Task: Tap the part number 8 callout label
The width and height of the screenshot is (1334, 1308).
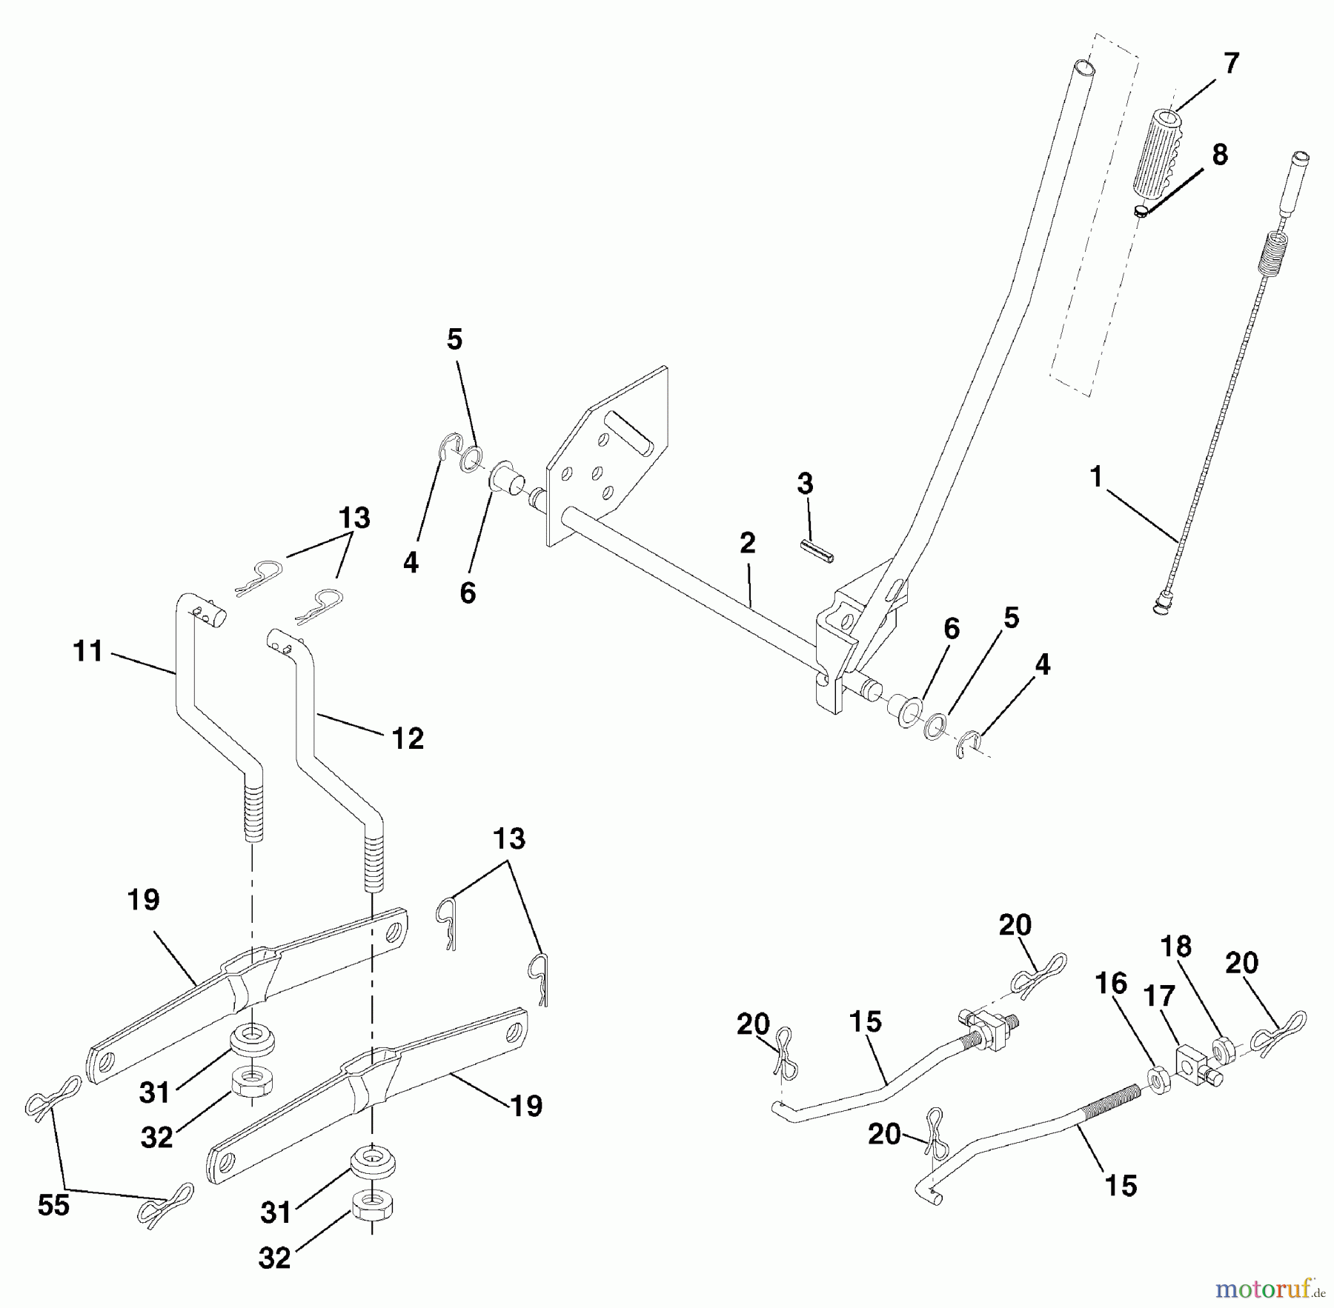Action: pos(1219,155)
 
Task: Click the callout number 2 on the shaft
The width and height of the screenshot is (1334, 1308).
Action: pos(747,543)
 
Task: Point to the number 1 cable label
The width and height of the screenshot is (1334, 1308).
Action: pos(1097,477)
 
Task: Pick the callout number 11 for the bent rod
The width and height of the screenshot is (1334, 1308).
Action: pos(88,652)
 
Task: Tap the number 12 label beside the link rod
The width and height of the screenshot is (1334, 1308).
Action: pos(407,738)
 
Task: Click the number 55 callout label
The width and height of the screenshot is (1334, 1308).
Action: pos(53,1205)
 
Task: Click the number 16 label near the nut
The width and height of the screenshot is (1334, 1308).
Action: pos(1110,984)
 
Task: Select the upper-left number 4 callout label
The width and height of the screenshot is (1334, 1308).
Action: pos(411,562)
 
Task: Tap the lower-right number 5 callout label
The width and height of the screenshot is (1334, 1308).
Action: pos(1010,618)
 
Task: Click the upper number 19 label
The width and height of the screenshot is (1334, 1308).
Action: pos(143,900)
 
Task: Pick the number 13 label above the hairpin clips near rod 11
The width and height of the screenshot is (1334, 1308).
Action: pos(354,518)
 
